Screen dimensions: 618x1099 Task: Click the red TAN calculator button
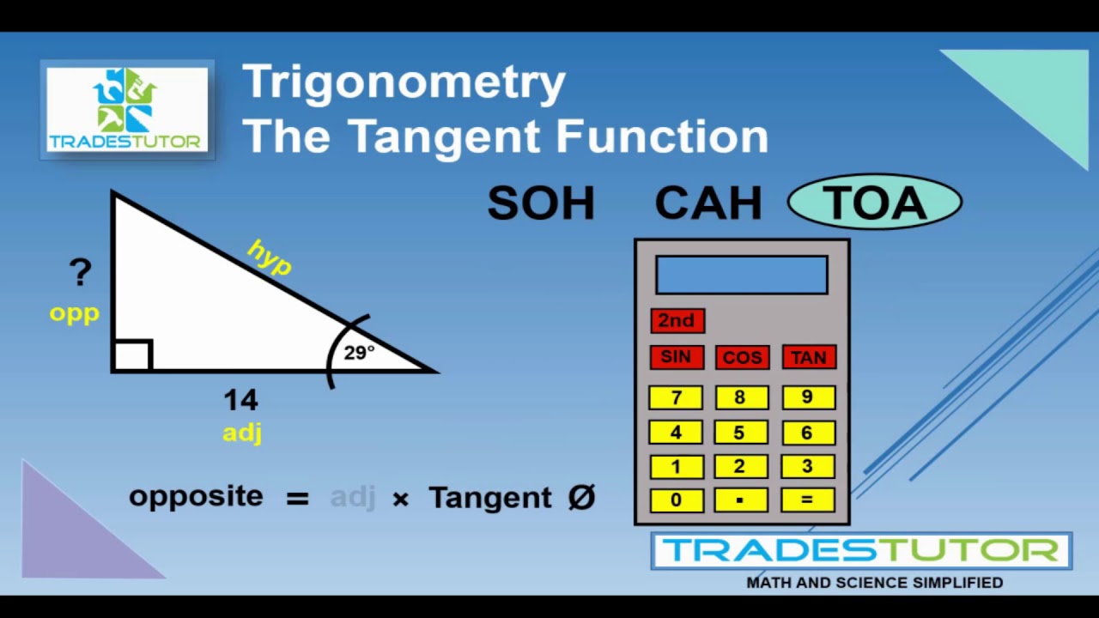809,357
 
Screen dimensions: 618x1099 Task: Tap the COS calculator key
742,357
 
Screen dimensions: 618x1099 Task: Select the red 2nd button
677,320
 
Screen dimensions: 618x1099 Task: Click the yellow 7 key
676,397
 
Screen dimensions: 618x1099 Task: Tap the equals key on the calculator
808,500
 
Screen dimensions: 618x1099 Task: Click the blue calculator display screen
742,275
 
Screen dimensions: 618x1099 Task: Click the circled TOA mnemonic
874,203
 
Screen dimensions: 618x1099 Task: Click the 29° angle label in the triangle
359,353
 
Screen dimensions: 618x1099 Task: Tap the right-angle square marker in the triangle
133,355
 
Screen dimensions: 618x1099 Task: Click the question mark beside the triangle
80,273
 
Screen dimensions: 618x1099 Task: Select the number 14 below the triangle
240,399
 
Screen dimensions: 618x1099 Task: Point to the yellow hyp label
270,257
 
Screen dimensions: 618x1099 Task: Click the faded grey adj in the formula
353,497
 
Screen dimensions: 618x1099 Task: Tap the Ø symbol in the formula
581,497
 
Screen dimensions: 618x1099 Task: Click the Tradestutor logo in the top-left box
127,109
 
